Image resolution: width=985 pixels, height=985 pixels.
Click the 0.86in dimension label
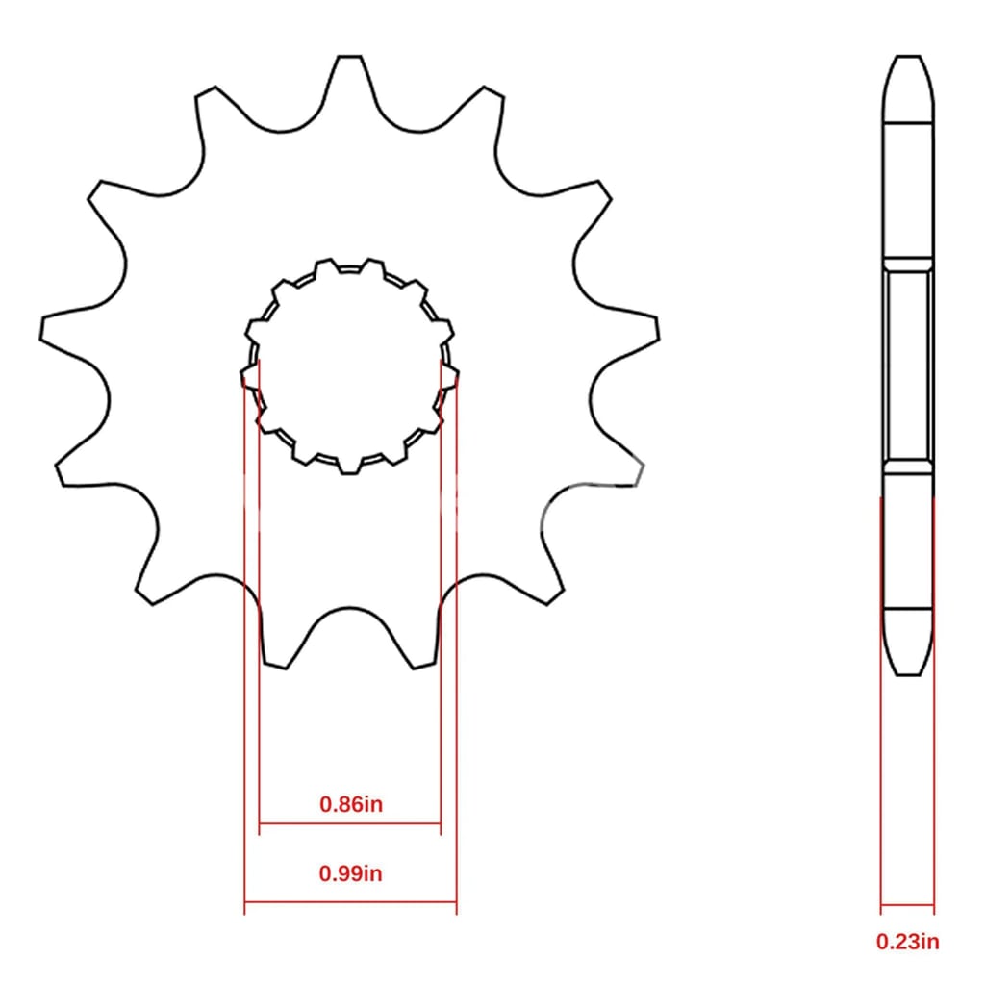pyautogui.click(x=350, y=804)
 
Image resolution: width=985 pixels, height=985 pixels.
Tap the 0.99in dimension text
pyautogui.click(x=350, y=873)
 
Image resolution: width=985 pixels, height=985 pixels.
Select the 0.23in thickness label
pyautogui.click(x=908, y=942)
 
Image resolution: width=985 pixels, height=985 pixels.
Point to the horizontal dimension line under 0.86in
pyautogui.click(x=350, y=823)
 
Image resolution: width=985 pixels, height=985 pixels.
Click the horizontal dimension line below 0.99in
pyautogui.click(x=350, y=902)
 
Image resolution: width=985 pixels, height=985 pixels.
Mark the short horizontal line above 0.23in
pyautogui.click(x=907, y=905)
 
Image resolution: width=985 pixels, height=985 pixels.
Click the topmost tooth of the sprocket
pyautogui.click(x=349, y=69)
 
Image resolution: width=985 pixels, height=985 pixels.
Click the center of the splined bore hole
pyautogui.click(x=349, y=366)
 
